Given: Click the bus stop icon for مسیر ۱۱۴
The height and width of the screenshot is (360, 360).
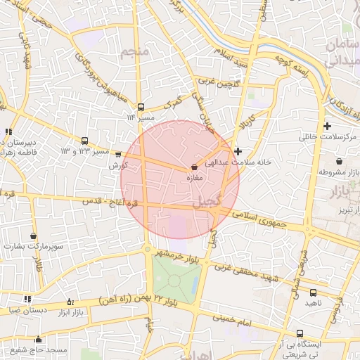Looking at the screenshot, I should point(141,108).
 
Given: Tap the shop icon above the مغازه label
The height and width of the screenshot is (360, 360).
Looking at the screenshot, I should point(194,167).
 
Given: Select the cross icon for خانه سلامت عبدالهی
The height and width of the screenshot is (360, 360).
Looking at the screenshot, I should point(238,151).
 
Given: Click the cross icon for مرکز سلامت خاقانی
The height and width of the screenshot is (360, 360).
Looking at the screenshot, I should point(327,126).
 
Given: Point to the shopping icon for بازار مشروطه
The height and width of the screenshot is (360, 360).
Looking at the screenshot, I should point(339,162).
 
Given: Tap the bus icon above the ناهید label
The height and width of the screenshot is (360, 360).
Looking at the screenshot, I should point(313,292).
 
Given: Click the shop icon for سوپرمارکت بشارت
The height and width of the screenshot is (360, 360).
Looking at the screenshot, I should point(34,236).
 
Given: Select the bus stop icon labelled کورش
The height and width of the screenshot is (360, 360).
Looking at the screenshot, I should point(118,155).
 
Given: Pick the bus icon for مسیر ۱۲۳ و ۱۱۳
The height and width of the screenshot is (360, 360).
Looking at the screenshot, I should point(85,141).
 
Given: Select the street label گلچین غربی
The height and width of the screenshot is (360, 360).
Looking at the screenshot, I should point(218,82).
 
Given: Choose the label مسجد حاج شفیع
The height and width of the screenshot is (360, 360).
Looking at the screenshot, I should point(48,349).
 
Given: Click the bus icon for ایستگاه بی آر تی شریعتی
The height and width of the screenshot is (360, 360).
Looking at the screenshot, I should point(300,334).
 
